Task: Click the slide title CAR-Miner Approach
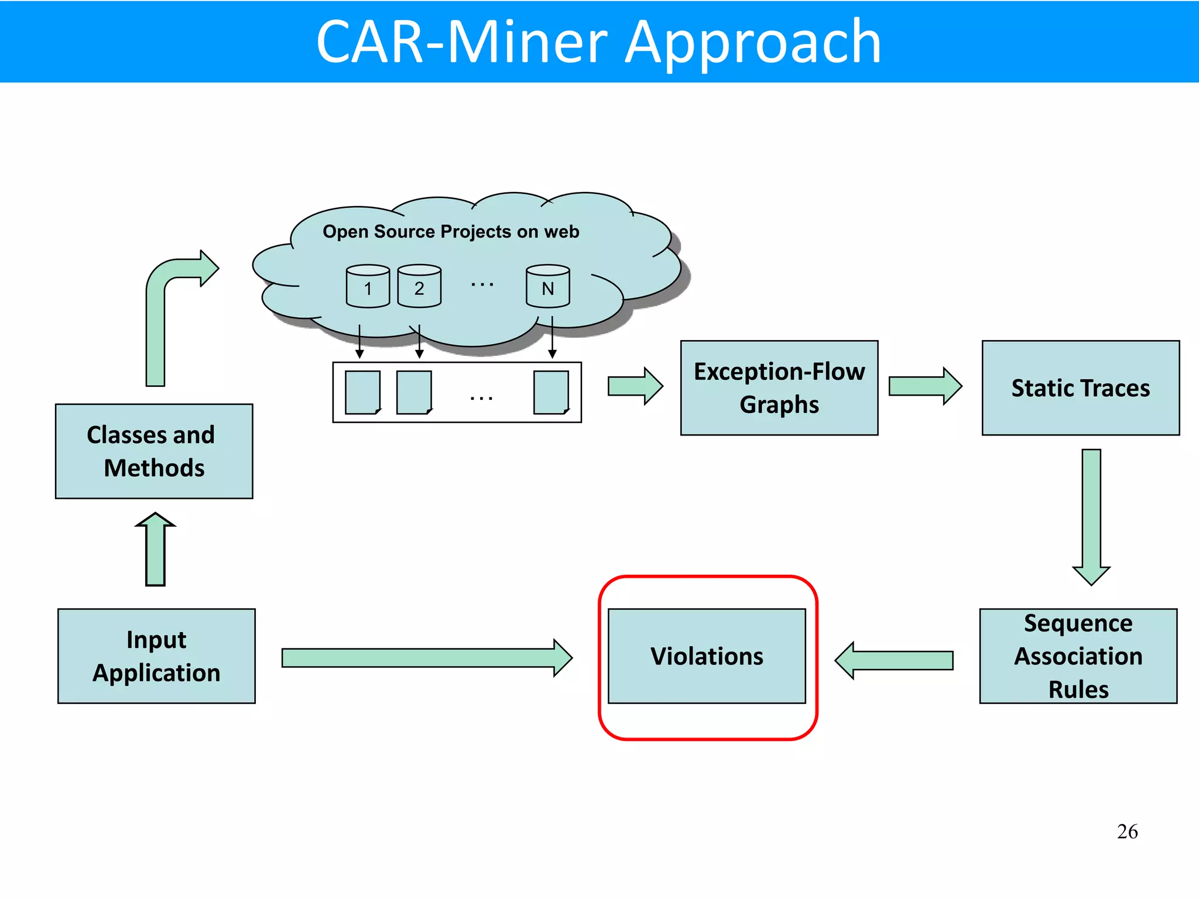[x=598, y=42]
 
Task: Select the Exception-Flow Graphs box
[x=779, y=388]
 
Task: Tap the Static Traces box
[x=1080, y=388]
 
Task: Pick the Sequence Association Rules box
[x=1078, y=656]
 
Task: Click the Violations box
[x=707, y=656]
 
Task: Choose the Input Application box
[x=156, y=656]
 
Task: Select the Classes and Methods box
[x=154, y=451]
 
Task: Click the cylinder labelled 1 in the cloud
[x=368, y=286]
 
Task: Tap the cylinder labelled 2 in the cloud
[x=419, y=286]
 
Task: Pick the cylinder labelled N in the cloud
[x=547, y=286]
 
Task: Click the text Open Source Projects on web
[x=451, y=232]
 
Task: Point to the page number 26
[x=1127, y=832]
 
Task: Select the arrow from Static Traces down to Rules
[x=1091, y=515]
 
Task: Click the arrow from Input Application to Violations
[x=426, y=658]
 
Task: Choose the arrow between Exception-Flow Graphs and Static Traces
[x=924, y=386]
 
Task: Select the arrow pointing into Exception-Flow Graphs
[x=635, y=386]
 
